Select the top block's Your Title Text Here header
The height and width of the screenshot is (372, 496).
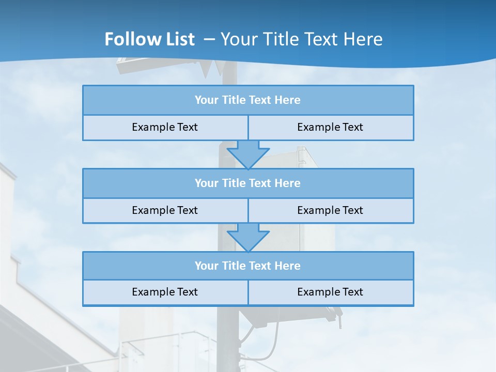click(247, 100)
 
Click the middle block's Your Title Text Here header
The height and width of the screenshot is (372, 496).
click(247, 183)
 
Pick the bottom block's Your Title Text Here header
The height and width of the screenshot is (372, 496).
click(247, 266)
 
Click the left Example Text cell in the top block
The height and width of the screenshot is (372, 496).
click(165, 127)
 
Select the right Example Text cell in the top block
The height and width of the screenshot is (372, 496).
click(330, 127)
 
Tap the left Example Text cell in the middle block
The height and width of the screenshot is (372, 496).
click(165, 210)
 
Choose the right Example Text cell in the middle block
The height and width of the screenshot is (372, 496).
click(330, 210)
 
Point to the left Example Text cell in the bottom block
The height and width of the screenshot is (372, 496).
click(165, 292)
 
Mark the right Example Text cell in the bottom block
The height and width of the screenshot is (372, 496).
click(330, 292)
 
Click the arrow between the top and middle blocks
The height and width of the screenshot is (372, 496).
click(248, 154)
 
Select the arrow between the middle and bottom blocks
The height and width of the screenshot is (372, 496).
click(248, 237)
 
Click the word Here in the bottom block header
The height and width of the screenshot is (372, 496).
click(287, 266)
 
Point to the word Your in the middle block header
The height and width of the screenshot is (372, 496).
click(207, 183)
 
